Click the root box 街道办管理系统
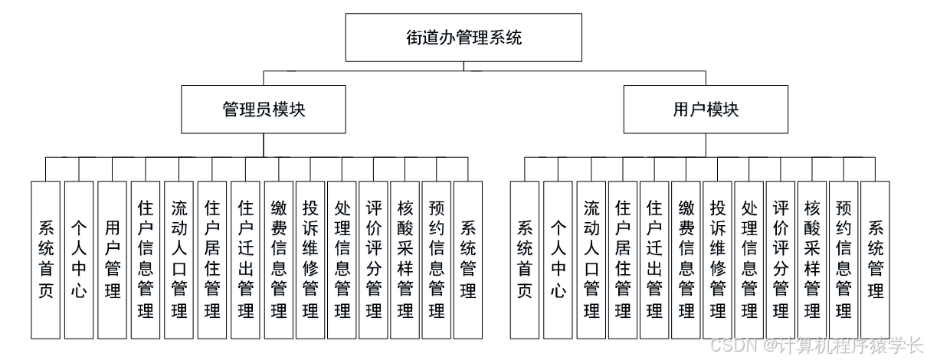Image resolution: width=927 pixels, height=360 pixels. pyautogui.click(x=463, y=37)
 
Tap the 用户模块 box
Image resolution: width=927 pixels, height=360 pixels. pyautogui.click(x=706, y=109)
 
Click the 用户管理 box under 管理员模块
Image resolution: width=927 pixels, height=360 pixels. pyautogui.click(x=112, y=260)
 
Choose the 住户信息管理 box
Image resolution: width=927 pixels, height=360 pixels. pyautogui.click(x=146, y=260)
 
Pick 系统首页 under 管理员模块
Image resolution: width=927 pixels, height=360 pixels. pyautogui.click(x=45, y=260)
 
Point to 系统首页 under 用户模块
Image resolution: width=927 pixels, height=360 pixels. pyautogui.click(x=525, y=260)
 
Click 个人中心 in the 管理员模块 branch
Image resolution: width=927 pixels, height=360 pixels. pyautogui.click(x=78, y=260)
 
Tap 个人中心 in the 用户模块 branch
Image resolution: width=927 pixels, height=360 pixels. pyautogui.click(x=558, y=260)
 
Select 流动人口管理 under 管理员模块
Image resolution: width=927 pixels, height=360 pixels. pyautogui.click(x=179, y=260)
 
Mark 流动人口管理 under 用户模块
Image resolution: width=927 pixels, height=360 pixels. pyautogui.click(x=591, y=260)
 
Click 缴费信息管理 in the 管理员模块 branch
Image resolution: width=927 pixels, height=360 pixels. pyautogui.click(x=278, y=260)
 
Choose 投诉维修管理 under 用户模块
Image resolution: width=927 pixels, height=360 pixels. pyautogui.click(x=718, y=260)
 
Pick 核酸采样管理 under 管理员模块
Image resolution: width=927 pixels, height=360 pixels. pyautogui.click(x=405, y=260)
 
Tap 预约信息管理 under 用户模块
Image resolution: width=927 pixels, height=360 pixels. pyautogui.click(x=843, y=260)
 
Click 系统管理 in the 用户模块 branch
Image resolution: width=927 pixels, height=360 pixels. pyautogui.click(x=875, y=260)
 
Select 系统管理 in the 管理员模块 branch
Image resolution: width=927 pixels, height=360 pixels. pyautogui.click(x=467, y=260)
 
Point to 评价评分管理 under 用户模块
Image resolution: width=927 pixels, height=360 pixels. pyautogui.click(x=781, y=260)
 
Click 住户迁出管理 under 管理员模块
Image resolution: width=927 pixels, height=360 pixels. pyautogui.click(x=245, y=260)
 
